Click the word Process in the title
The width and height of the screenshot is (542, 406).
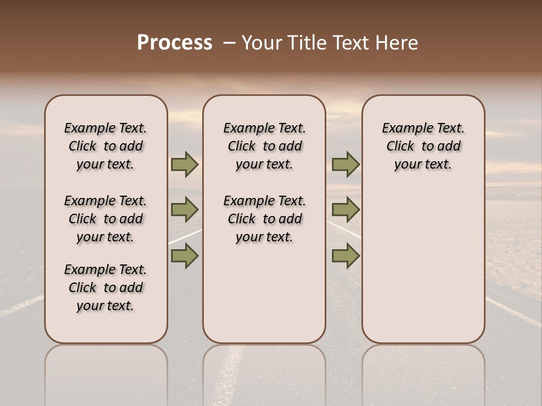(x=174, y=43)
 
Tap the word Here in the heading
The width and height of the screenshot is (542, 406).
(x=397, y=43)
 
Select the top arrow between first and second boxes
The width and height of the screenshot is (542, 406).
(x=185, y=165)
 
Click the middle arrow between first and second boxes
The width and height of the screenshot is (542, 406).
(x=185, y=210)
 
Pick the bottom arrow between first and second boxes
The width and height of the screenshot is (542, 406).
(x=185, y=256)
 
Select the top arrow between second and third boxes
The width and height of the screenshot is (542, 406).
(x=346, y=165)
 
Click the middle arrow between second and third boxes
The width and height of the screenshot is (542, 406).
(x=346, y=210)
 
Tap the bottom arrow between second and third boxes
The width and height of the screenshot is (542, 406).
(x=346, y=256)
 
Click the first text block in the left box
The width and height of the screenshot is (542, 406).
(x=106, y=146)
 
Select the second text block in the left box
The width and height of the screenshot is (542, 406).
(x=106, y=219)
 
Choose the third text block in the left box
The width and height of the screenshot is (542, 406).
(x=106, y=288)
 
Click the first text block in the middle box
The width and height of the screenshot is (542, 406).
(x=264, y=146)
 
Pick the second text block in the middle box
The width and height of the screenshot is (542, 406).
(x=264, y=219)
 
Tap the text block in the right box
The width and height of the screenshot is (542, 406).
(x=423, y=146)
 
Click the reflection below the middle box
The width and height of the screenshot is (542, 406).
(x=264, y=372)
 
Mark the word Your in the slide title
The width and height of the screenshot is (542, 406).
(x=261, y=43)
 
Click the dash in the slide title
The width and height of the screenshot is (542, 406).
(x=229, y=43)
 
